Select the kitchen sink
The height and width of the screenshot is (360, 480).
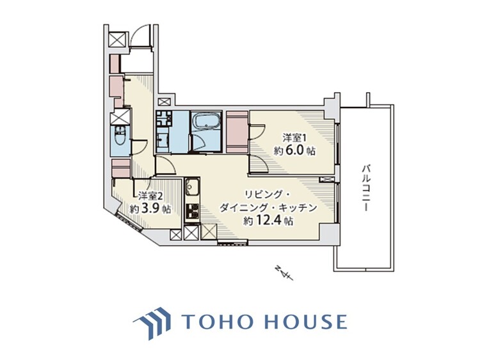click(192, 187)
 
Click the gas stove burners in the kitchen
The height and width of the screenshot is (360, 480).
click(192, 211)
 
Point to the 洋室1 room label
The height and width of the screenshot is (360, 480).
click(294, 138)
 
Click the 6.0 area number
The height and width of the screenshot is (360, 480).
click(295, 150)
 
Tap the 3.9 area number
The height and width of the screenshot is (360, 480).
click(151, 208)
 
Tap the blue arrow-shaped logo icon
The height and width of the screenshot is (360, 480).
click(152, 323)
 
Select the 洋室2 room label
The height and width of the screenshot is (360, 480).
click(150, 195)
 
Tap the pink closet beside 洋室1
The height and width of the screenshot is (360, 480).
click(237, 132)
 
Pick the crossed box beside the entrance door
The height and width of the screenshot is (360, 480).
click(118, 39)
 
